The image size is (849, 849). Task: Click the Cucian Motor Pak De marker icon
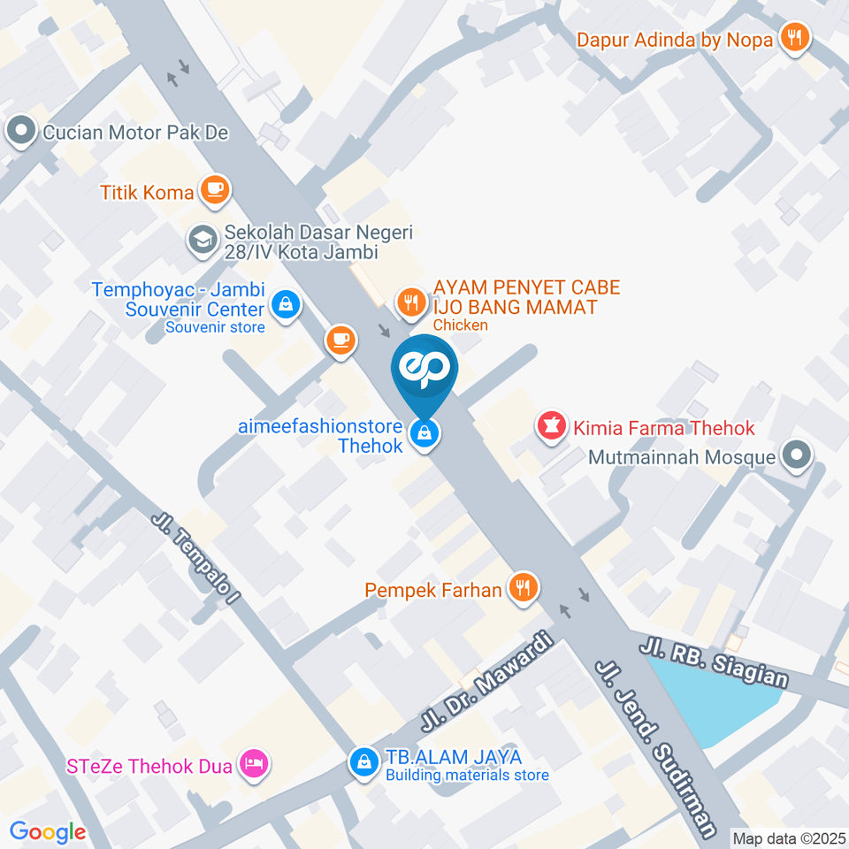[x=19, y=134]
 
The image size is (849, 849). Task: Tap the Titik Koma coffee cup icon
[x=215, y=188]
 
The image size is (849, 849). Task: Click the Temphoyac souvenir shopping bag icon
[x=287, y=305]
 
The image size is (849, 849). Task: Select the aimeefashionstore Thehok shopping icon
[x=424, y=433]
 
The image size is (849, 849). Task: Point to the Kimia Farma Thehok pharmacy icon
[x=551, y=427]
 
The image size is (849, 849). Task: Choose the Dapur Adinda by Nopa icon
[x=794, y=37]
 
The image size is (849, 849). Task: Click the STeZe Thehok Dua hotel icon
[x=255, y=764]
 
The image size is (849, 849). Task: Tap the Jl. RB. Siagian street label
[x=716, y=662]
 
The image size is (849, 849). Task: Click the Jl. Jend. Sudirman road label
[x=656, y=747]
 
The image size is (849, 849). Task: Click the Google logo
[x=48, y=831]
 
